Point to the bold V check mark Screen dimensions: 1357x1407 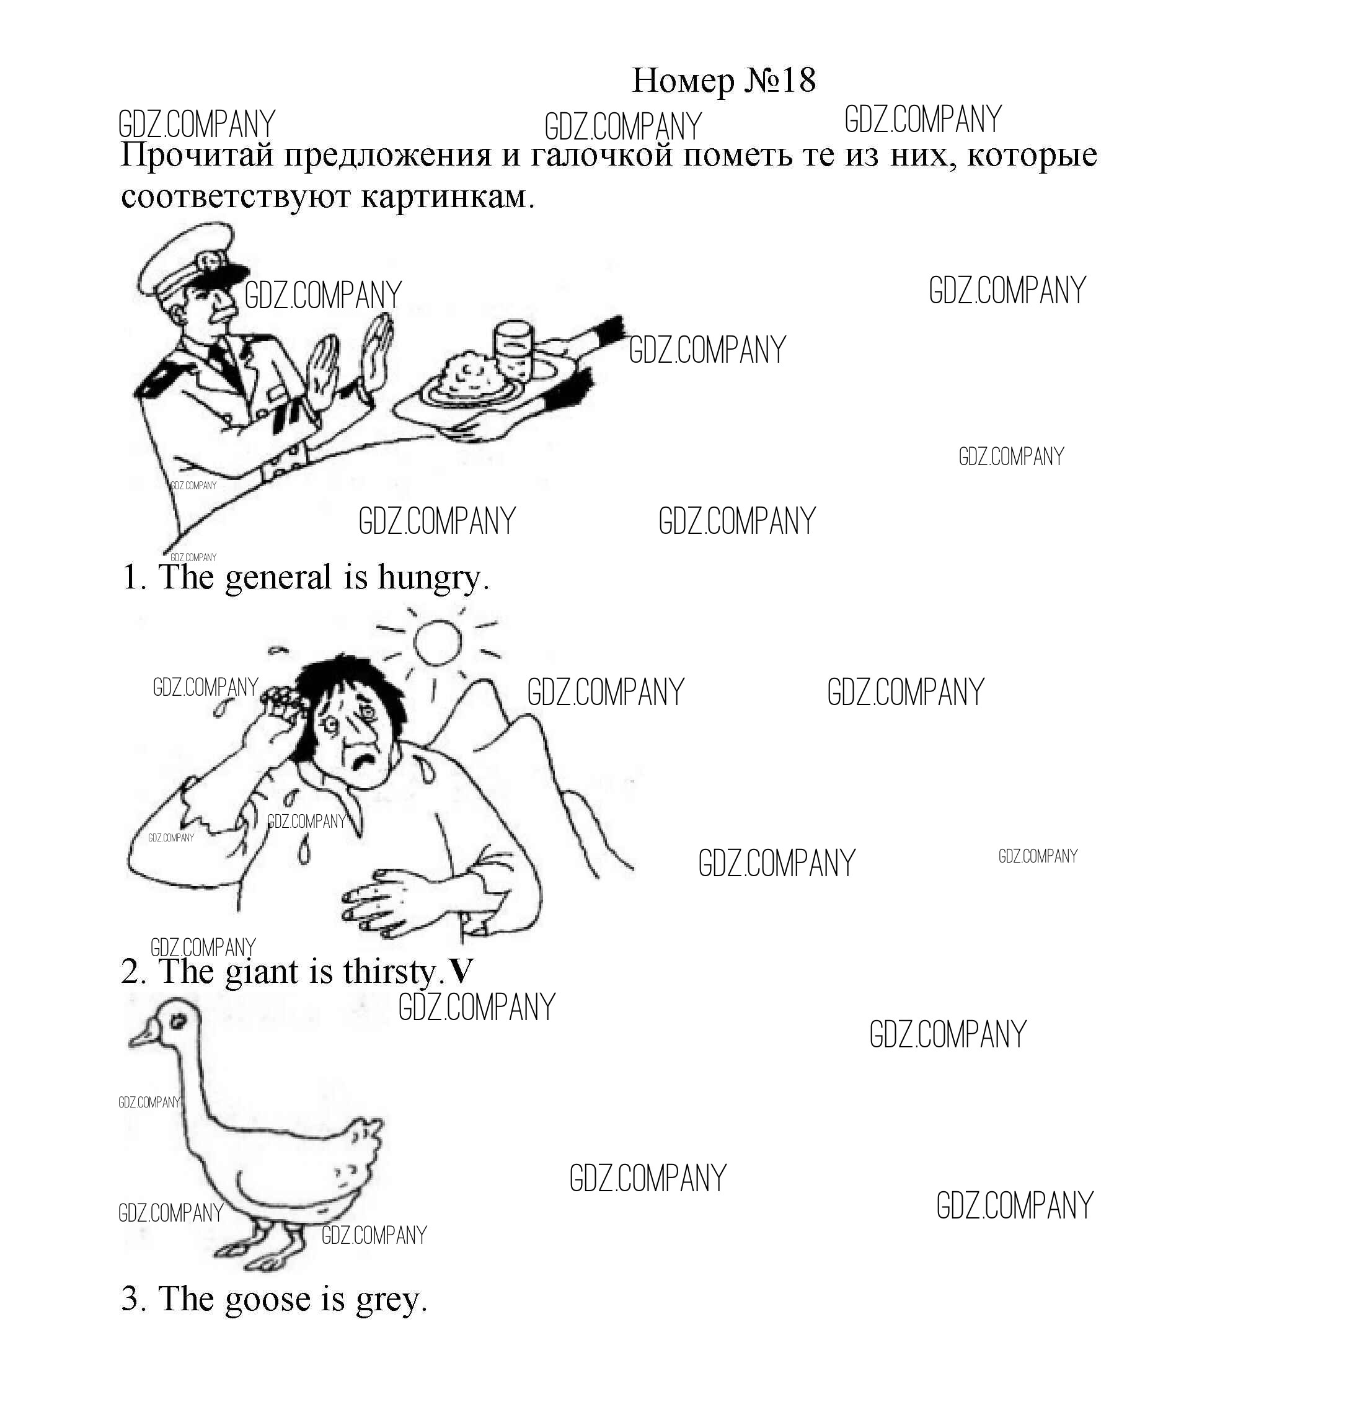[x=460, y=972]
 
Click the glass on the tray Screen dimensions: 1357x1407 [x=513, y=348]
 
